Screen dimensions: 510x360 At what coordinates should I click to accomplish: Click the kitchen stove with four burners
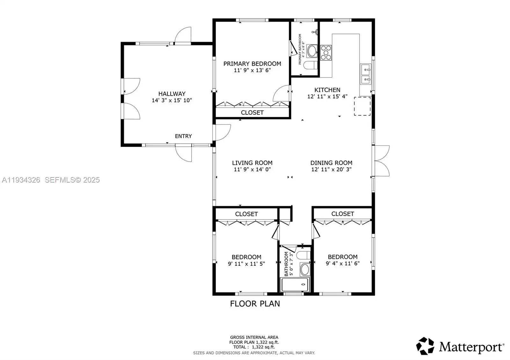[x=326, y=53]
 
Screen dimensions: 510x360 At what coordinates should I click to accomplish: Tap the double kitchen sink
[x=366, y=74]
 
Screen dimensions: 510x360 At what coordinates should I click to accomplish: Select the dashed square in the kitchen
[x=362, y=106]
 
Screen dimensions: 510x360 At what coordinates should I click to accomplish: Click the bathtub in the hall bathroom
[x=295, y=285]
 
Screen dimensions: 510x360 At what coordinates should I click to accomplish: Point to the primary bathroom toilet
[x=310, y=65]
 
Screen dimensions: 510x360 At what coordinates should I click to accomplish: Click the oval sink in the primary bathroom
[x=312, y=51]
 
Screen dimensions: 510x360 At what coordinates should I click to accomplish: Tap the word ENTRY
[x=183, y=136]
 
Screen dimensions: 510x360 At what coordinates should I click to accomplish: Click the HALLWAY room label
[x=172, y=94]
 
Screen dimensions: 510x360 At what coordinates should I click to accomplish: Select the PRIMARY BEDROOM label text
[x=252, y=64]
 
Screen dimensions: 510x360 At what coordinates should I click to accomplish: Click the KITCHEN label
[x=327, y=90]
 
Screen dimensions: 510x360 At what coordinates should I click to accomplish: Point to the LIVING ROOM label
[x=252, y=163]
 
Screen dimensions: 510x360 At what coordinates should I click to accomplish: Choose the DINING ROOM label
[x=331, y=163]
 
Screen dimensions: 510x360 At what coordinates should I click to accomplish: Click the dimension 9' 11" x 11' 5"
[x=247, y=264]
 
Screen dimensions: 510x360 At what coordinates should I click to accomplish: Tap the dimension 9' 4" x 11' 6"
[x=343, y=263]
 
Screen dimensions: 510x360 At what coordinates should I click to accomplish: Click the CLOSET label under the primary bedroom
[x=252, y=113]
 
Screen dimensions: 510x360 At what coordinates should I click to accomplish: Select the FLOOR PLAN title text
[x=255, y=304]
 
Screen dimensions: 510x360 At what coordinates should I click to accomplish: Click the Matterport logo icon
[x=425, y=346]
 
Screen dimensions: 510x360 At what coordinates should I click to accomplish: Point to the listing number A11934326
[x=21, y=180]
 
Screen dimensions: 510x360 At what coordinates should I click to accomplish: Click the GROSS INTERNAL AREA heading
[x=254, y=337]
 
